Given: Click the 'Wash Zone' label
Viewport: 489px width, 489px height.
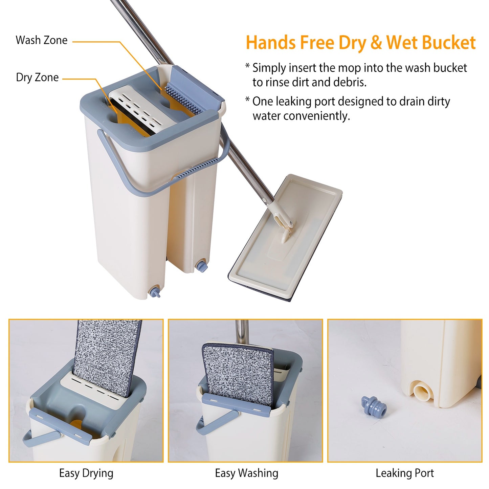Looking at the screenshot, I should coord(42,40).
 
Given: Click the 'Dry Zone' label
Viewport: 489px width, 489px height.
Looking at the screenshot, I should coord(37,77).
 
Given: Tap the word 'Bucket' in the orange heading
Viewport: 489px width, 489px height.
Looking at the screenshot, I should coord(449,43).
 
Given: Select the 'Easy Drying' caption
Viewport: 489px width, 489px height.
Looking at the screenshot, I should coord(86,473).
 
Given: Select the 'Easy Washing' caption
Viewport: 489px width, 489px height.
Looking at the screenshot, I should coord(246,473).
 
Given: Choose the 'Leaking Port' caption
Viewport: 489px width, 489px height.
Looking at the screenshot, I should coord(404,473).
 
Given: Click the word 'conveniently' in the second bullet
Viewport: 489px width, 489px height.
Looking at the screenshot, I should coord(301,116).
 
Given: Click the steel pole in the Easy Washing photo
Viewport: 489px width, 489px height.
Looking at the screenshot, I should coord(242,332).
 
